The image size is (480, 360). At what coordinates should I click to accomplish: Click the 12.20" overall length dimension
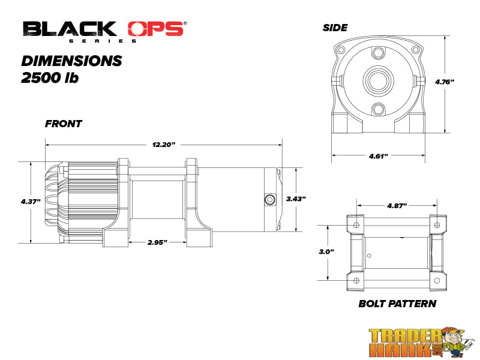163,145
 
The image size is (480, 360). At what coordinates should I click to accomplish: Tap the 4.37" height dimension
30,202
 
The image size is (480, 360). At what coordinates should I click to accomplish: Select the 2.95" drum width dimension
157,242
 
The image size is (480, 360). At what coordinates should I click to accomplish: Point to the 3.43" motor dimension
296,199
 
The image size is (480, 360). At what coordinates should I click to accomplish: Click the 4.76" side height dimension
445,82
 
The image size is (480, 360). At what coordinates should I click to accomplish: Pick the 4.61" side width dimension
379,156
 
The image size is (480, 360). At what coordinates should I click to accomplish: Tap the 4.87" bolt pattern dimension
397,205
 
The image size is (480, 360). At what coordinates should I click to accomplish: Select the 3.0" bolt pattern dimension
327,252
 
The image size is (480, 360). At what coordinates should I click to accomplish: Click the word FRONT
64,124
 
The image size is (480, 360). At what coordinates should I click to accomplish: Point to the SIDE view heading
335,28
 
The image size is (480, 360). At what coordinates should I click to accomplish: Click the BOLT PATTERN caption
397,304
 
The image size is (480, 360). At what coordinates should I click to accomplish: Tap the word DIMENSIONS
72,61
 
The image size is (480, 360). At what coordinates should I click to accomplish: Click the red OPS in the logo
155,29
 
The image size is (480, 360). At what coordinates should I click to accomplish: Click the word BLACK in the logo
70,29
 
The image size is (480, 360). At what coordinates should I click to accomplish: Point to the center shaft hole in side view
378,80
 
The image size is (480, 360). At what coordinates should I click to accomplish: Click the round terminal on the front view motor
269,199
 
